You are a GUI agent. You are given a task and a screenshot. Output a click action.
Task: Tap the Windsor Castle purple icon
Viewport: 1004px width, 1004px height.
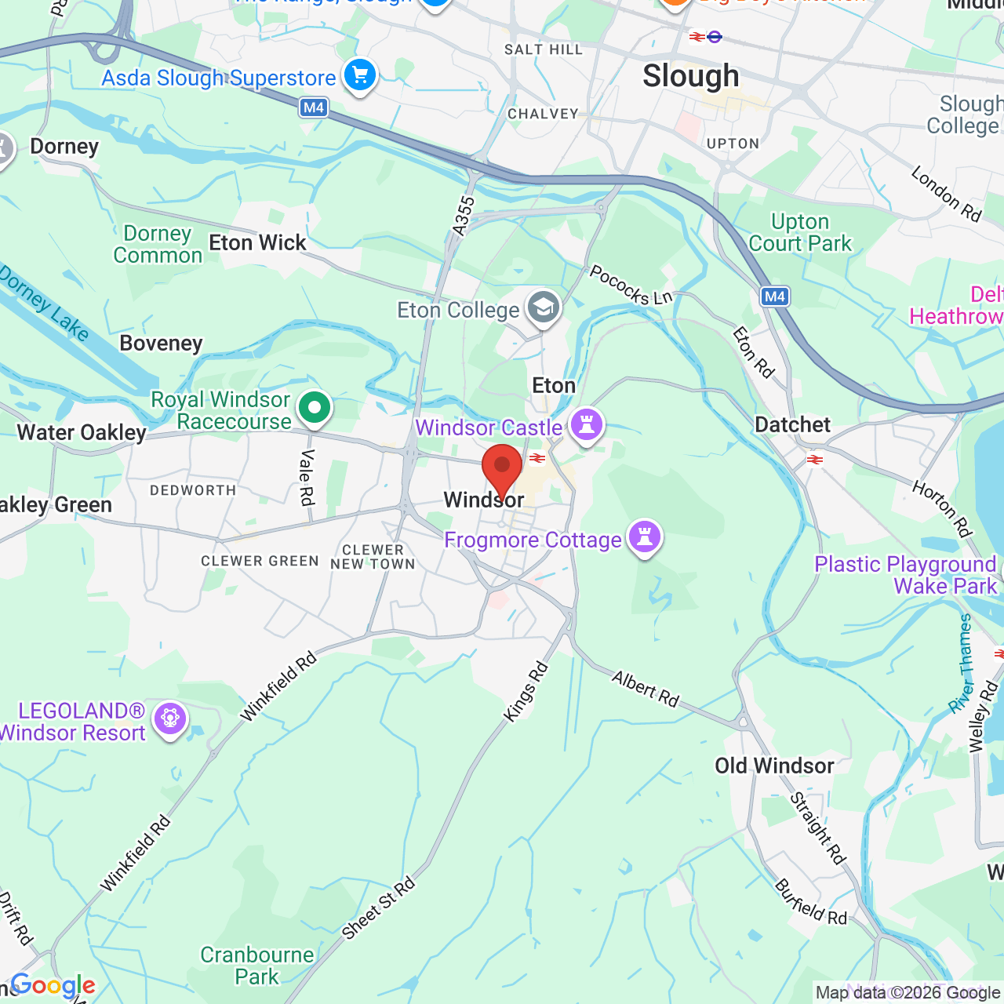[586, 424]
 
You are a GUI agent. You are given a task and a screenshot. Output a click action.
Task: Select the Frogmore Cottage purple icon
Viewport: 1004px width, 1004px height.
[644, 537]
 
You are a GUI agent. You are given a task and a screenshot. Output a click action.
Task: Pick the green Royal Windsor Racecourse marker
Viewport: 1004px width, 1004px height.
[315, 408]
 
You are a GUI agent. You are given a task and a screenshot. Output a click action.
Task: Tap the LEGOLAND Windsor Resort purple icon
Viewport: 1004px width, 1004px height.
[169, 718]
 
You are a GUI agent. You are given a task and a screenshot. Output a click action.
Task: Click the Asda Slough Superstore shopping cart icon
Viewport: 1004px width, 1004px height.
[360, 76]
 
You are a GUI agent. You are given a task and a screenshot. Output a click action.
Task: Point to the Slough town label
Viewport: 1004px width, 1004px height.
[690, 76]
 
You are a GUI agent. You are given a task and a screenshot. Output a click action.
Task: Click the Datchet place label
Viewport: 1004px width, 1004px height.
[792, 425]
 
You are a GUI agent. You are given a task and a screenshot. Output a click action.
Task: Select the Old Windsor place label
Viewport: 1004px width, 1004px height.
[774, 766]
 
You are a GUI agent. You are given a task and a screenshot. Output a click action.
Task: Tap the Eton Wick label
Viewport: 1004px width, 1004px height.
[257, 243]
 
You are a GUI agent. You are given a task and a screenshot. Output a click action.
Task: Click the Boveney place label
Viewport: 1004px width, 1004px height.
[161, 344]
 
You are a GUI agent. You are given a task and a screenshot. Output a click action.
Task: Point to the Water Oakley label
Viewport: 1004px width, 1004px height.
[82, 433]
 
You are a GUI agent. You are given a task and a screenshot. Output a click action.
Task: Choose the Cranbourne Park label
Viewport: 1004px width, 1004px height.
[257, 966]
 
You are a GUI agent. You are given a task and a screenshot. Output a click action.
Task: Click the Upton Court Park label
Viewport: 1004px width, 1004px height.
[800, 233]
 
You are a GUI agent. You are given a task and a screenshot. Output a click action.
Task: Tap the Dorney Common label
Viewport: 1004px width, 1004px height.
[158, 245]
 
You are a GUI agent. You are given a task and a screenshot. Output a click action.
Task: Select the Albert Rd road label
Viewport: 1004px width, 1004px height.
[646, 689]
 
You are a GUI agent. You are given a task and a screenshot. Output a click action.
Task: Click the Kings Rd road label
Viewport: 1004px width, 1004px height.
[526, 692]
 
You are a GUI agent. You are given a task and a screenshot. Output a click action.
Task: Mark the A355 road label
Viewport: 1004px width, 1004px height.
[464, 216]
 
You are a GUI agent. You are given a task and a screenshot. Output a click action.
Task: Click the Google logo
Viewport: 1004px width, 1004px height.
[53, 985]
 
